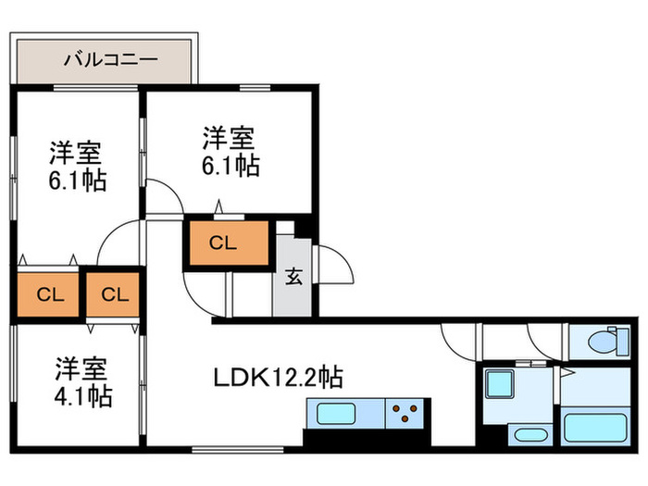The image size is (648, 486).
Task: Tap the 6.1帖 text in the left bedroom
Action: (78, 178)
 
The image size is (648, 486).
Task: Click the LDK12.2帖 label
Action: (280, 378)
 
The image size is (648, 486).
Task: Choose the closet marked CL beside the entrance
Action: (227, 244)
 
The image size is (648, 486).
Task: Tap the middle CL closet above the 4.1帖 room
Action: (114, 295)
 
